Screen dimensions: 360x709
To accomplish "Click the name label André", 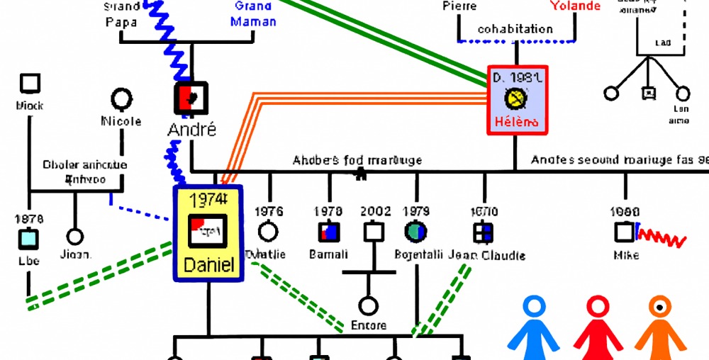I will coord(192,130).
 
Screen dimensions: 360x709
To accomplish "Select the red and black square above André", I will coord(192,97).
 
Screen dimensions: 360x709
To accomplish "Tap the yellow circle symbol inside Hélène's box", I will coord(515,97).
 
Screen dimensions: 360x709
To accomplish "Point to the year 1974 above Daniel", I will coord(208,199).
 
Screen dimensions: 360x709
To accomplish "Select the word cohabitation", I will coord(515,29).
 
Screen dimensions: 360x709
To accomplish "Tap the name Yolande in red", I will coord(575,6).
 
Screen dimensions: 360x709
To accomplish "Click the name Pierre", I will coord(459,6).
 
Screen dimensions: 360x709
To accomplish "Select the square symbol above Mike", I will coord(625,232).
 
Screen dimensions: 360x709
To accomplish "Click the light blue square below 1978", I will coord(29,240).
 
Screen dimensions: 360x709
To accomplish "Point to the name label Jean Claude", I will coord(488,255).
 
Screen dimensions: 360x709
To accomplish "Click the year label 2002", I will coord(375,211).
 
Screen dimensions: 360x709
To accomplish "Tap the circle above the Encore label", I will coord(368,306).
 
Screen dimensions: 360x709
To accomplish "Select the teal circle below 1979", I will coord(415,232).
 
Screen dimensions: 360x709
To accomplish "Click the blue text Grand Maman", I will coord(254,14).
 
